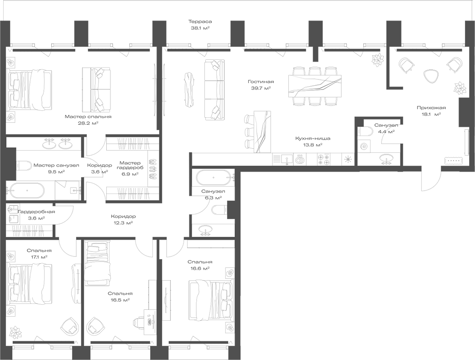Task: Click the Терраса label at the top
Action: (200, 21)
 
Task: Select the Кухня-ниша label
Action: (313, 138)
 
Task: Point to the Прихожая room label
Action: (431, 108)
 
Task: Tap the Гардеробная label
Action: (37, 212)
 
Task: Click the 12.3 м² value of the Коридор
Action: (123, 223)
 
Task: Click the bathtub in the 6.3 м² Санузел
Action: (214, 177)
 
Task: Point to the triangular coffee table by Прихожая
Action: (430, 76)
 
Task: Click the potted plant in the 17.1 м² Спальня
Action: (16, 330)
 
